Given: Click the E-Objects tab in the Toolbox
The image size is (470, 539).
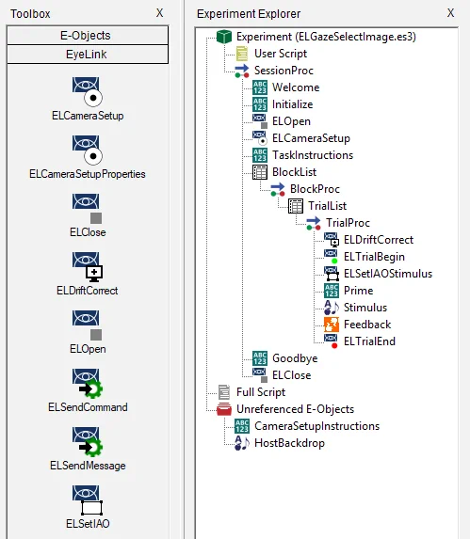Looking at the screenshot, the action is (x=88, y=36).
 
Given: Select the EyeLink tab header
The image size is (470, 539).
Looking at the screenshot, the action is (x=88, y=55).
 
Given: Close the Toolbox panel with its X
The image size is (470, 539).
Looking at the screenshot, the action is (x=159, y=13).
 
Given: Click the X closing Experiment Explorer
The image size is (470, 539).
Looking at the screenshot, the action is (x=450, y=13).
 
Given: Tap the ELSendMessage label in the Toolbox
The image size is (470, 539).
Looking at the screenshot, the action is (x=88, y=466).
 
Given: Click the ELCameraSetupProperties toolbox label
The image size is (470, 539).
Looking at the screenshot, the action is (x=88, y=174).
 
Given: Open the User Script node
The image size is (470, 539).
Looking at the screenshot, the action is (x=281, y=54).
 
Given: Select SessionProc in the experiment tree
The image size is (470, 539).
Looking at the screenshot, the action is (x=284, y=71).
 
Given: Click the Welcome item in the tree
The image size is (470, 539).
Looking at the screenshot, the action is (x=296, y=87).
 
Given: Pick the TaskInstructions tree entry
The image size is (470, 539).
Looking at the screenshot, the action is (x=313, y=155).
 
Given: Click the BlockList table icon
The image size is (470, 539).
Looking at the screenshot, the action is (x=260, y=172).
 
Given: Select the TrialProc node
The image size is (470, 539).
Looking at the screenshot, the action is (x=348, y=223).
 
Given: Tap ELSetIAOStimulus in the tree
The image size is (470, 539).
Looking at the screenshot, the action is (x=388, y=274).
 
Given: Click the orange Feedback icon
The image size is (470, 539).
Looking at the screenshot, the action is (x=332, y=325).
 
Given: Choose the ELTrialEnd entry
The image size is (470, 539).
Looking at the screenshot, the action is (x=369, y=341).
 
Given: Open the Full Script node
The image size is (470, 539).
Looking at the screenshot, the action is (x=261, y=392).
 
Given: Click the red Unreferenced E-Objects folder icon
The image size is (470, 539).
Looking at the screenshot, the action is (x=224, y=409).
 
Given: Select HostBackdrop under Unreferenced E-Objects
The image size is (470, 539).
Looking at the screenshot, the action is (x=289, y=443).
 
